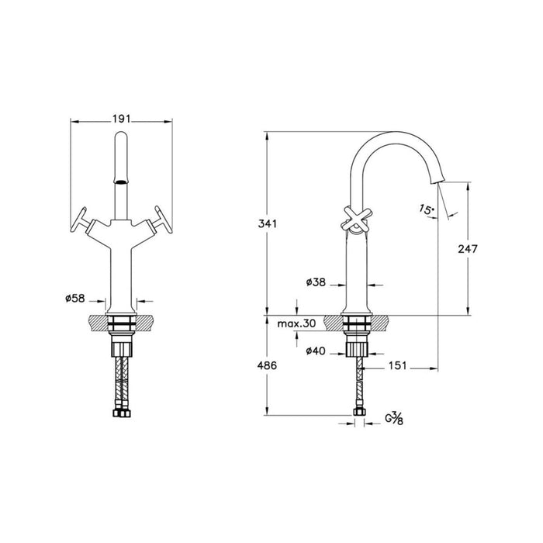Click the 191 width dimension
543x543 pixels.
(x=120, y=119)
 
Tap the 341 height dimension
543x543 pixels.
(x=268, y=224)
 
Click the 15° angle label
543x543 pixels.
(x=426, y=209)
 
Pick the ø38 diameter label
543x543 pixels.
(x=315, y=284)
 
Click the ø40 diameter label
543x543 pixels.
(x=316, y=351)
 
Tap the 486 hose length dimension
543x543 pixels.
(x=268, y=365)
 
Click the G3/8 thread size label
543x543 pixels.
(x=393, y=420)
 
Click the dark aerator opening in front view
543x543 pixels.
(x=121, y=180)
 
